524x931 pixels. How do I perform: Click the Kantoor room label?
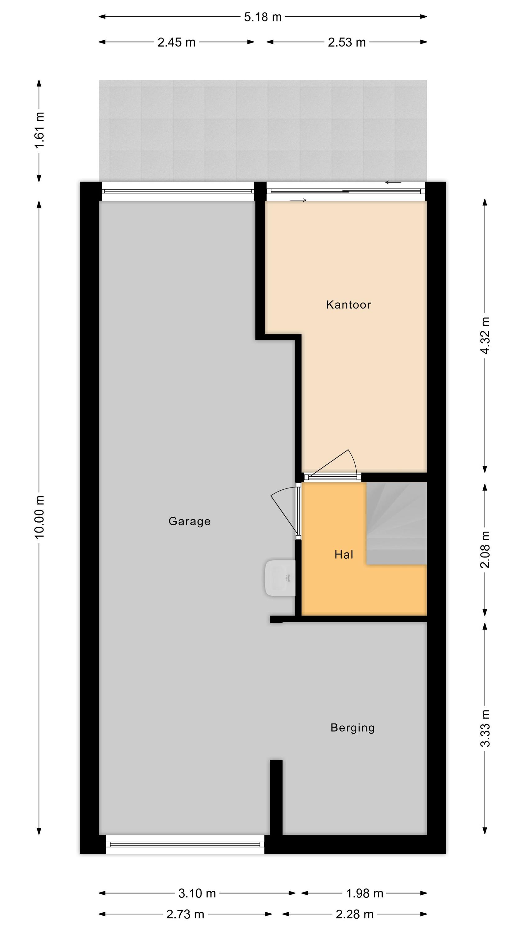click(x=348, y=305)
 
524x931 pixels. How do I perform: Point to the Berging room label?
click(x=353, y=727)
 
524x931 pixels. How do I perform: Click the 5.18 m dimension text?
click(x=263, y=17)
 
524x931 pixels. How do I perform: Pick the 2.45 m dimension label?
click(x=176, y=42)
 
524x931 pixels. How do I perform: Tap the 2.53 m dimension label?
click(x=347, y=42)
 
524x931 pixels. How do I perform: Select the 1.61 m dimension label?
click(x=39, y=130)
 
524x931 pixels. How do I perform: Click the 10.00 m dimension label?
click(x=39, y=517)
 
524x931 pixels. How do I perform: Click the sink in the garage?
click(x=281, y=578)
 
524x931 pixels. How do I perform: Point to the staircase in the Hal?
click(x=397, y=523)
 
